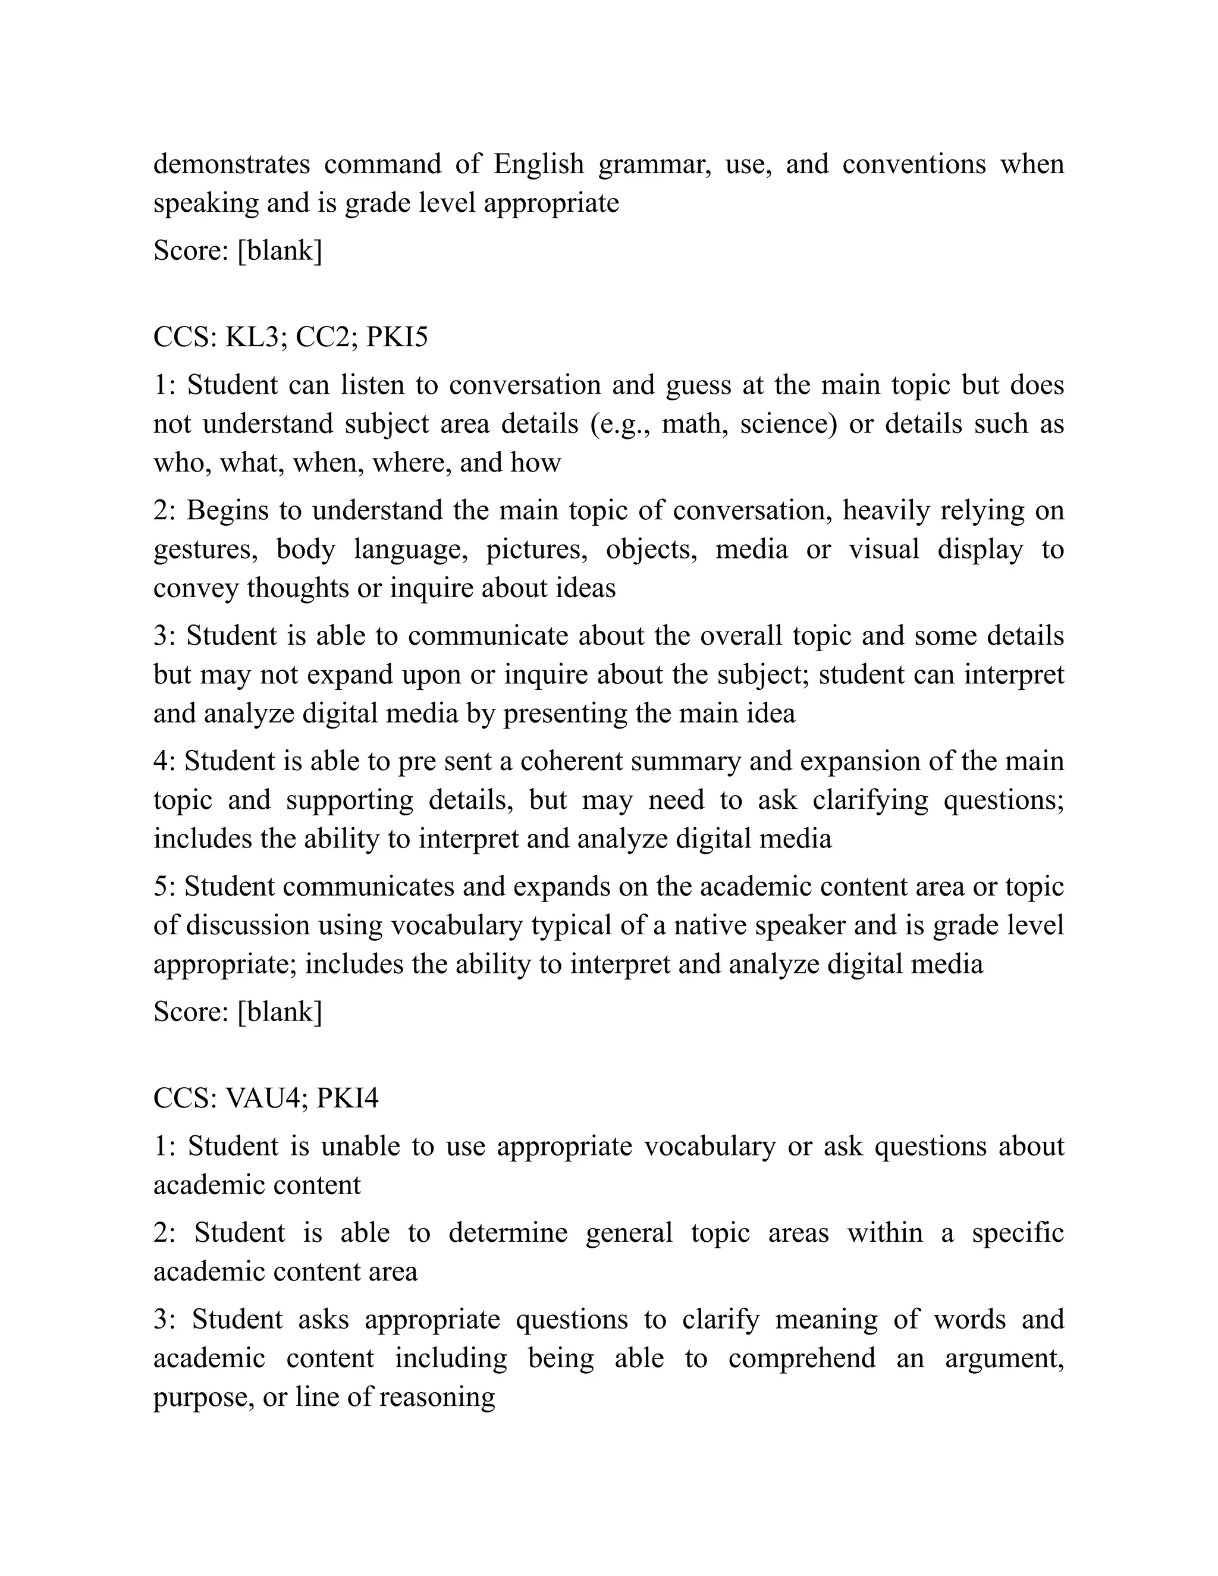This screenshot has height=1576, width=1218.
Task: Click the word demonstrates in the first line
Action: (231, 165)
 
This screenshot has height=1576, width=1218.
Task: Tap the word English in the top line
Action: (538, 165)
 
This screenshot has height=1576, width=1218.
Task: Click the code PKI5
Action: (397, 337)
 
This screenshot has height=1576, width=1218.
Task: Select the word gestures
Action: (206, 550)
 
